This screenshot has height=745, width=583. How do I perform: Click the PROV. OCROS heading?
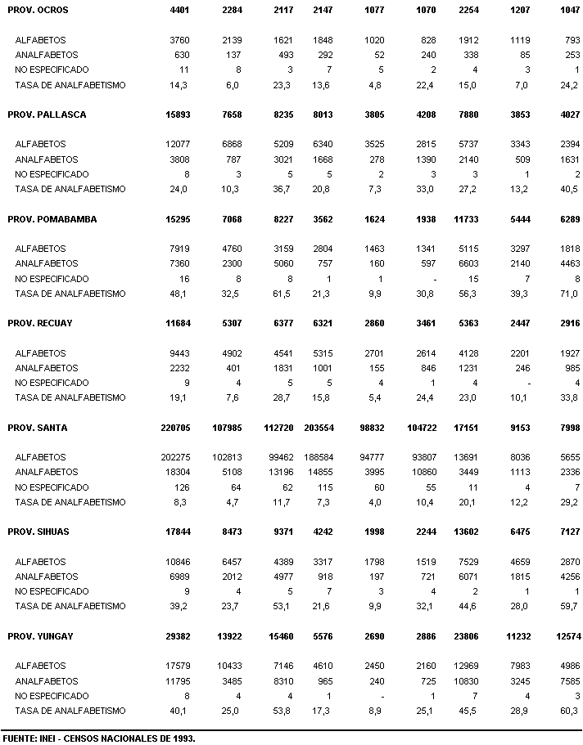38,10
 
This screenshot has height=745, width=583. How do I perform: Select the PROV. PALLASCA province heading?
46,114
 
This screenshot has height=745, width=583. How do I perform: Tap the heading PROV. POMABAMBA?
51,219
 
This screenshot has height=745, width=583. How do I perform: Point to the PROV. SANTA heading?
38,428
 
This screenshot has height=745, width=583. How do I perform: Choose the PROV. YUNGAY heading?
41,636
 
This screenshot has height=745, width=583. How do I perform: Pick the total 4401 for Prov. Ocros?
179,10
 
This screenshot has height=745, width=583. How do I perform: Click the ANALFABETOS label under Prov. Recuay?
47,368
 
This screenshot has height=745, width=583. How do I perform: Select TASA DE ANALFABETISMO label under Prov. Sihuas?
70,606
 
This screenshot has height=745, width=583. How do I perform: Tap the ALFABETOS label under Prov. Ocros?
40,40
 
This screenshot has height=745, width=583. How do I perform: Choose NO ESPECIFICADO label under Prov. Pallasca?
52,174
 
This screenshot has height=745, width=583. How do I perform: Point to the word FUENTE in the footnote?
18,738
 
